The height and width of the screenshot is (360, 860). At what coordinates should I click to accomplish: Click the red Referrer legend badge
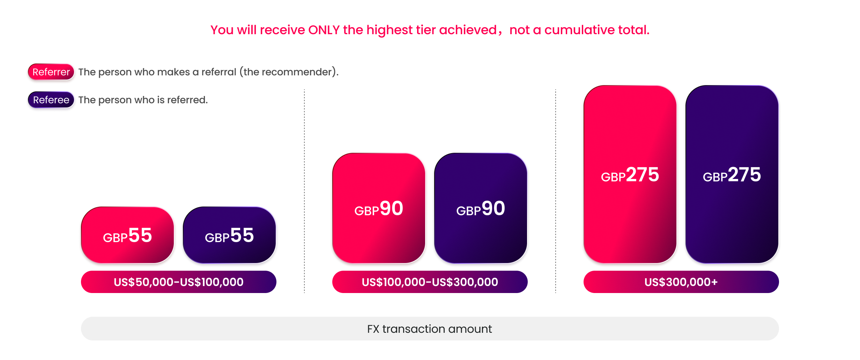click(x=51, y=72)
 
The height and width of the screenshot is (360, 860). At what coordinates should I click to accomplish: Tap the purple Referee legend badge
click(x=51, y=100)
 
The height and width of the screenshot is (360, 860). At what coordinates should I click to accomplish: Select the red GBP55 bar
click(x=127, y=235)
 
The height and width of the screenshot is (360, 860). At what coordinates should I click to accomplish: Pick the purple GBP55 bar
click(x=229, y=235)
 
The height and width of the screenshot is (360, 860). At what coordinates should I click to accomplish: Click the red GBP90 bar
click(x=379, y=208)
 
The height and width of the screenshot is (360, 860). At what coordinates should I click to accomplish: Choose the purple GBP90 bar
click(x=481, y=208)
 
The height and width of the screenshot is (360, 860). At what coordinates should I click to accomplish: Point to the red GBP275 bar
click(x=630, y=174)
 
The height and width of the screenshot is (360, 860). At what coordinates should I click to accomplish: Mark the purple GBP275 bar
click(x=732, y=174)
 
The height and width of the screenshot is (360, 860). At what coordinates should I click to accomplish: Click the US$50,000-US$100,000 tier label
click(x=179, y=282)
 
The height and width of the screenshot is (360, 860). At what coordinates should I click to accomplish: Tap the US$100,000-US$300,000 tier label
click(x=430, y=282)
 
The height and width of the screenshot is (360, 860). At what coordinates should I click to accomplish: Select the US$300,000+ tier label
click(x=681, y=282)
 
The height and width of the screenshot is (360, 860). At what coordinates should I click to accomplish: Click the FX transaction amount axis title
click(x=430, y=329)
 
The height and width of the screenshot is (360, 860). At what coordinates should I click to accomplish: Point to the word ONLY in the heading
click(x=324, y=30)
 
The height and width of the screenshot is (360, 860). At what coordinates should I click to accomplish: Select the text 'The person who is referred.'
click(x=143, y=100)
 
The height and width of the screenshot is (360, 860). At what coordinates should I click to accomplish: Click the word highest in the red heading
click(x=390, y=30)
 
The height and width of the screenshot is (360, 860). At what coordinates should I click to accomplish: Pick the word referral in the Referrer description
click(x=219, y=72)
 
